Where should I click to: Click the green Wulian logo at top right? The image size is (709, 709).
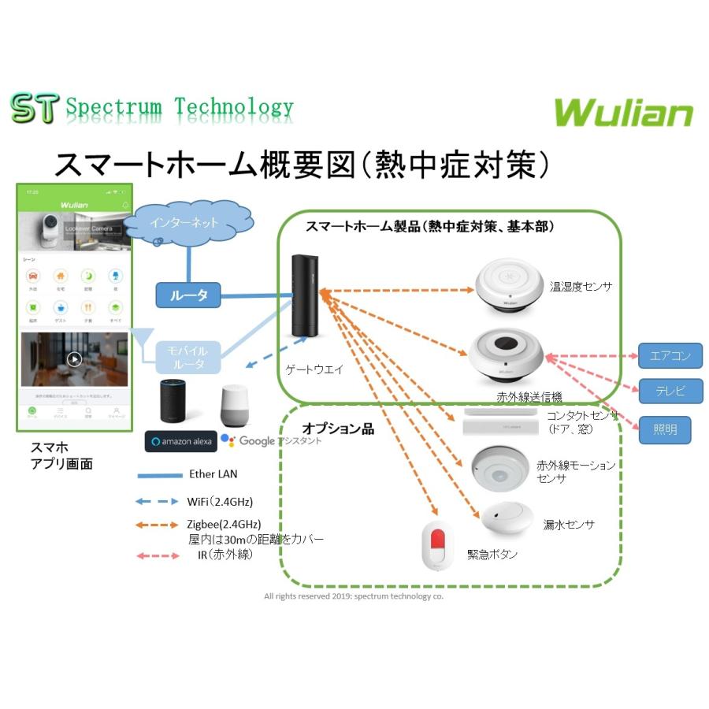[x=623, y=112]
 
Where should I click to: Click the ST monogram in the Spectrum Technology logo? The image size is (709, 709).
[x=34, y=109]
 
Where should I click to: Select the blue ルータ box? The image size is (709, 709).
[x=188, y=295]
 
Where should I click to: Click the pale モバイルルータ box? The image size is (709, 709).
[x=188, y=357]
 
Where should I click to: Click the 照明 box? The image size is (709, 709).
[x=664, y=430]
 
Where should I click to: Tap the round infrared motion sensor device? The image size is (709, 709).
[x=500, y=470]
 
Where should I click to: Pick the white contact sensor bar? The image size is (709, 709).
[x=499, y=421]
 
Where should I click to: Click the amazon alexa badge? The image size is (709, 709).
[x=180, y=441]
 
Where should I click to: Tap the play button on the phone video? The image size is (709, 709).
[x=74, y=359]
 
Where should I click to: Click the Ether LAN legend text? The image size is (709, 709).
[x=213, y=474]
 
